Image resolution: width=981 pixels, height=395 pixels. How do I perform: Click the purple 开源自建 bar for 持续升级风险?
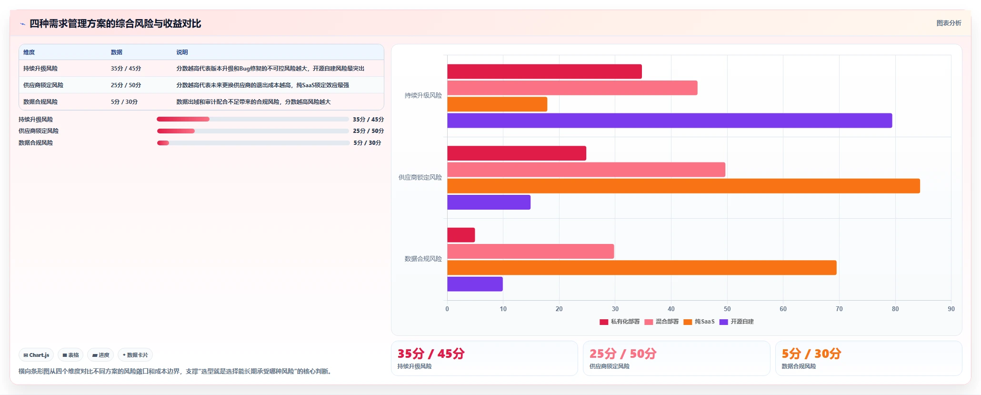pos(670,121)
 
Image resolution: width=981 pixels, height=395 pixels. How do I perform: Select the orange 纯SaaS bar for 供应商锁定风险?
pos(683,186)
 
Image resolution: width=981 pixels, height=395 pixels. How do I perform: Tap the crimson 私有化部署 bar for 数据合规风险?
pos(461,235)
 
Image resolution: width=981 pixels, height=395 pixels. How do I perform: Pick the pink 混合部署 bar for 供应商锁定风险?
pos(586,170)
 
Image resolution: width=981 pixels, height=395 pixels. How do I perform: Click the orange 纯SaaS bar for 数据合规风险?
pos(642,268)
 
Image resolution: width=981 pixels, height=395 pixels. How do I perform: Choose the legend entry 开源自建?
pos(737,322)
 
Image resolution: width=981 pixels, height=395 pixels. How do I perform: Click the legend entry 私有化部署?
pos(620,322)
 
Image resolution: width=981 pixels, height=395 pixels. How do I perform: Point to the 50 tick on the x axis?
pos(727,309)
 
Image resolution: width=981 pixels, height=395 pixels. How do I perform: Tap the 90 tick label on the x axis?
pos(951,309)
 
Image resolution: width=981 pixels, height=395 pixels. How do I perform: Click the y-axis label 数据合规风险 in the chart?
pos(423,259)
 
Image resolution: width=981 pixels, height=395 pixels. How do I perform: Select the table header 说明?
pos(182,52)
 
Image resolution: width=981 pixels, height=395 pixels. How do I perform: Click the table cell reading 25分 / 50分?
pos(126,85)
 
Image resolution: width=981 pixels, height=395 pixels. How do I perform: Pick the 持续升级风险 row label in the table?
pos(40,69)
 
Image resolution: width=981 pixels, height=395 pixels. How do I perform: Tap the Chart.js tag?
pos(36,355)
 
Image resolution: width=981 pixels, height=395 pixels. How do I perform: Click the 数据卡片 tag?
pos(135,355)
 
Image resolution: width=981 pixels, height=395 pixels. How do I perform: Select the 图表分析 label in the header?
pos(949,23)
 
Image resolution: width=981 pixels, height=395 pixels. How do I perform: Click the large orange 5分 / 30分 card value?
pos(811,354)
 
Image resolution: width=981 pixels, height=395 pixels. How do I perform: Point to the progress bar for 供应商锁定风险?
pos(253,131)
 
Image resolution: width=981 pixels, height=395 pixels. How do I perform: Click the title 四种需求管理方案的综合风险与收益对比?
pos(115,23)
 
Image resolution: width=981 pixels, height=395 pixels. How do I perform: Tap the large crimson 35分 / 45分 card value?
pos(431,354)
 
